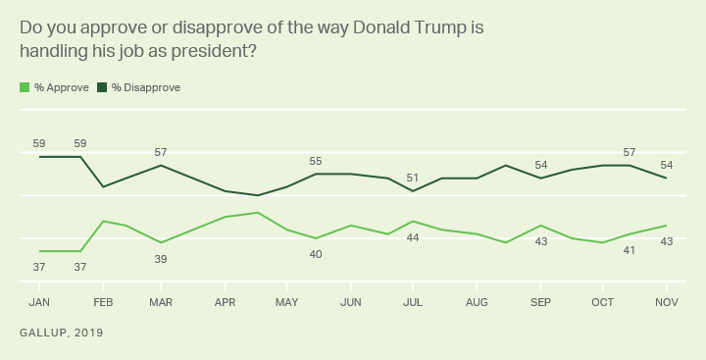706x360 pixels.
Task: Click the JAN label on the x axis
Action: [40, 302]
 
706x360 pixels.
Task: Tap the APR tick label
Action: [227, 302]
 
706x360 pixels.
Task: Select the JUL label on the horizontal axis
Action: [413, 302]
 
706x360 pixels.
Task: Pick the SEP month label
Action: [540, 302]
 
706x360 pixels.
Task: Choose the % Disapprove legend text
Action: [145, 87]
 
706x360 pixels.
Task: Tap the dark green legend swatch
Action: [101, 87]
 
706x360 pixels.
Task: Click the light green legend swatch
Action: [25, 87]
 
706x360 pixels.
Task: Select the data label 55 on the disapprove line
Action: [316, 161]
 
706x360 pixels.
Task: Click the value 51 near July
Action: [413, 178]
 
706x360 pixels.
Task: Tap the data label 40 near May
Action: [316, 254]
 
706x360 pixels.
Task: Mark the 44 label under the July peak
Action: [413, 237]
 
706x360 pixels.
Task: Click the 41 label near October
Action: [629, 250]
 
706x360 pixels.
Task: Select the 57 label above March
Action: [162, 152]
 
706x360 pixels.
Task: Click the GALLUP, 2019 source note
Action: [61, 334]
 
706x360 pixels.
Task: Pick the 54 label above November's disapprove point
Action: [667, 165]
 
